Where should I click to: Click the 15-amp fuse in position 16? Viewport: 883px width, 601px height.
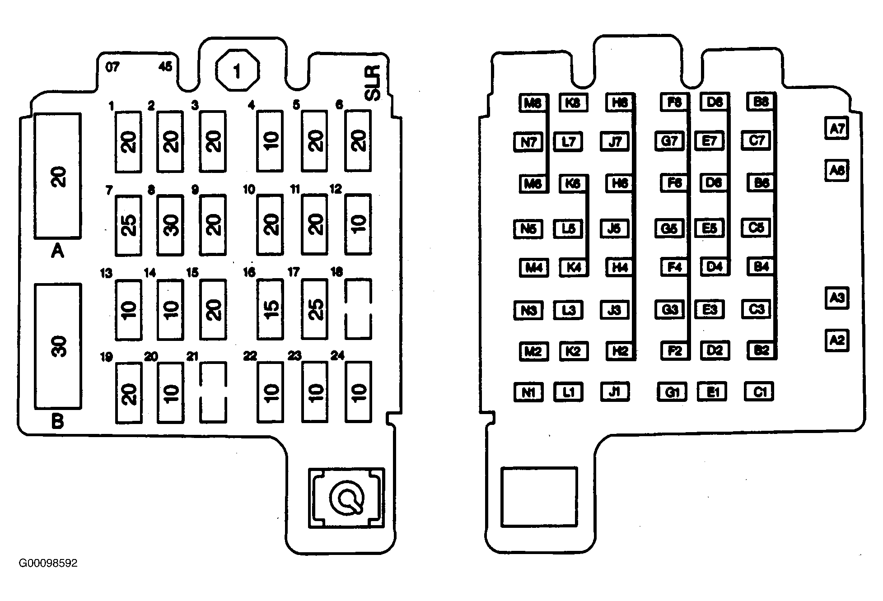(x=270, y=309)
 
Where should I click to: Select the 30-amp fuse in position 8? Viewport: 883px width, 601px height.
(x=170, y=224)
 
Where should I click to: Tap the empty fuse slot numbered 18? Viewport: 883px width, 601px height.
(x=358, y=309)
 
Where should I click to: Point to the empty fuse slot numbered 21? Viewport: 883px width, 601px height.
(x=213, y=392)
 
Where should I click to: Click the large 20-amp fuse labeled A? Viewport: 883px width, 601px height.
(x=58, y=176)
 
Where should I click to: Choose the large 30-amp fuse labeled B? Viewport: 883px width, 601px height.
(x=58, y=346)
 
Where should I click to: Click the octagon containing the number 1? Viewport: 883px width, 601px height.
(x=238, y=71)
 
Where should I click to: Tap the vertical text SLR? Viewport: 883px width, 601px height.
(x=373, y=83)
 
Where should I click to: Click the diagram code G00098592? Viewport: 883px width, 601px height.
(x=48, y=564)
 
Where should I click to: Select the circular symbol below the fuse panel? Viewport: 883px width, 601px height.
(x=346, y=498)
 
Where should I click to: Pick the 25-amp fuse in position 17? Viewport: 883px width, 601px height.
(x=315, y=309)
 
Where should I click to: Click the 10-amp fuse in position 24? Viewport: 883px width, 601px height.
(x=358, y=392)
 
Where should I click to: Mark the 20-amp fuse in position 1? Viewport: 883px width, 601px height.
(x=128, y=141)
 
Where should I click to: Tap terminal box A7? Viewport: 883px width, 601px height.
(x=836, y=129)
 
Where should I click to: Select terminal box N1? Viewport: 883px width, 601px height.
(x=528, y=392)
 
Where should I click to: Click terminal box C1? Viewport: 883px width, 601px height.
(x=759, y=392)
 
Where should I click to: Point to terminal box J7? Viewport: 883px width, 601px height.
(x=615, y=141)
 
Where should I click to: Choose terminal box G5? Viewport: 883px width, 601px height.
(x=669, y=228)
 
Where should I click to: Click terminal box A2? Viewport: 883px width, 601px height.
(x=836, y=340)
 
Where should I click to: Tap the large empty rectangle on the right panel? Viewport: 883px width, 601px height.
(x=539, y=497)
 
